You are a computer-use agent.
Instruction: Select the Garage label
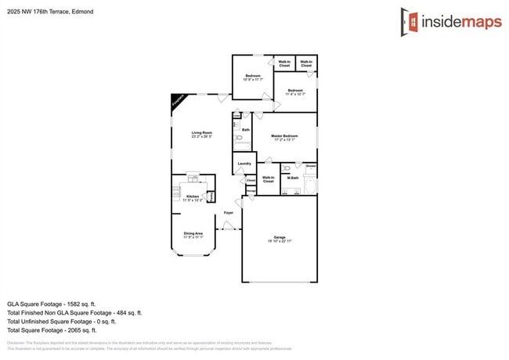point(279,237)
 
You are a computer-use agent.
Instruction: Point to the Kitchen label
point(193,196)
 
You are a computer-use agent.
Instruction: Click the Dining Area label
point(193,233)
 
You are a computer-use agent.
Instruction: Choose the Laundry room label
point(244,164)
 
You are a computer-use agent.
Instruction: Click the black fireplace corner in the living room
point(176,101)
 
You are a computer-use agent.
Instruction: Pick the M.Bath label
point(293,178)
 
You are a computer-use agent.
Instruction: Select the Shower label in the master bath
point(311,166)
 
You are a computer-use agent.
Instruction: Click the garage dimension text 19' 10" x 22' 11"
point(279,242)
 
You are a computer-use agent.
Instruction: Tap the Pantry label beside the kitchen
point(211,196)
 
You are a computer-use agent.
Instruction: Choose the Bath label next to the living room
point(246,130)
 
